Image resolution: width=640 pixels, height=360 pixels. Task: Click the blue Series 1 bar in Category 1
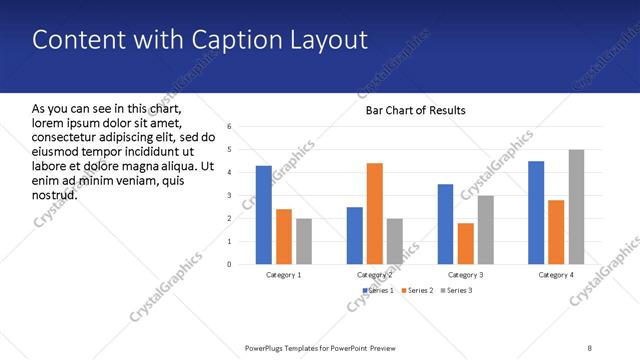264,215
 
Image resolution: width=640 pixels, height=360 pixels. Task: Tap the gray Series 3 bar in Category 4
577,207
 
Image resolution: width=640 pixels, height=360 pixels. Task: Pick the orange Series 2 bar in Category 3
465,243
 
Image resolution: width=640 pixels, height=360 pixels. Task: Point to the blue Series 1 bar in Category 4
536,212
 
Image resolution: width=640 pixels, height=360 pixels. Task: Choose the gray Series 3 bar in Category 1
304,241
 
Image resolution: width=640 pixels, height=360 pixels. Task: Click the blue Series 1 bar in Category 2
354,235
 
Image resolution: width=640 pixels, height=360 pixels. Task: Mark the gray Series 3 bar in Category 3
485,230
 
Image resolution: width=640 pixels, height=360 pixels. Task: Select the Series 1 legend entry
376,290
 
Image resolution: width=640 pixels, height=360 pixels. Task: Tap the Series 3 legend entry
456,290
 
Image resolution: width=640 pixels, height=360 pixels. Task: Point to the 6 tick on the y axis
229,127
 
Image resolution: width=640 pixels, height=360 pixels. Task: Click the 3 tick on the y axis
229,196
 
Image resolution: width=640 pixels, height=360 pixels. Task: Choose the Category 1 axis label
284,274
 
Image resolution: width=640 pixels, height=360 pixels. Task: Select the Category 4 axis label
556,274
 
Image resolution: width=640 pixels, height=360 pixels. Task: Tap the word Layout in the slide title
330,40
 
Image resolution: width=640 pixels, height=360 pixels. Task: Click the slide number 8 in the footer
590,348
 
